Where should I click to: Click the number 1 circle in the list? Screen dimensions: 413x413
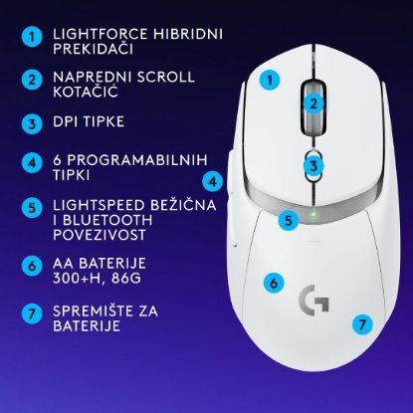33,37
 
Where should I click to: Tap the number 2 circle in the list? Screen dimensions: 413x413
33,80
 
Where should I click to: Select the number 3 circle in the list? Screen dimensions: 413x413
33,123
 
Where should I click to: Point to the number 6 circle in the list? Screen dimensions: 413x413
33,266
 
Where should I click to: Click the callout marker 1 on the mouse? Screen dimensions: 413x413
269,79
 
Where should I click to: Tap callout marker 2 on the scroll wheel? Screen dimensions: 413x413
312,102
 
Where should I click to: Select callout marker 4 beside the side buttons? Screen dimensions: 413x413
212,180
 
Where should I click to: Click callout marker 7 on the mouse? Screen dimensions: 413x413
362,323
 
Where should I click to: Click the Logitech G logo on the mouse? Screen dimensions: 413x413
314,299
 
